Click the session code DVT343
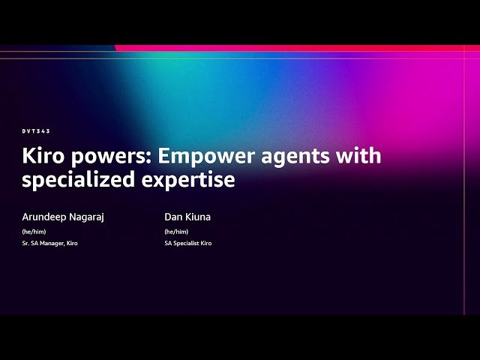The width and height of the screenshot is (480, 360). click(36, 131)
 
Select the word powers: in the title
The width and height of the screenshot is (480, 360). click(112, 157)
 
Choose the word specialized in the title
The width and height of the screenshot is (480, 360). click(82, 180)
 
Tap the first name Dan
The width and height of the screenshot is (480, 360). click(174, 217)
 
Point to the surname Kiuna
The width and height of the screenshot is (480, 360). click(198, 217)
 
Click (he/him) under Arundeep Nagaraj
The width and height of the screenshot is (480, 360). click(34, 232)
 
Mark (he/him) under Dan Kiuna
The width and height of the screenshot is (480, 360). click(176, 232)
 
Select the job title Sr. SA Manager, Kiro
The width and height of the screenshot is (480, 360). click(49, 244)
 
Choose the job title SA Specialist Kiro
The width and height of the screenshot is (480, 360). click(188, 244)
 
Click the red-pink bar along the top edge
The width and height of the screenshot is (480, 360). click(300, 48)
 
